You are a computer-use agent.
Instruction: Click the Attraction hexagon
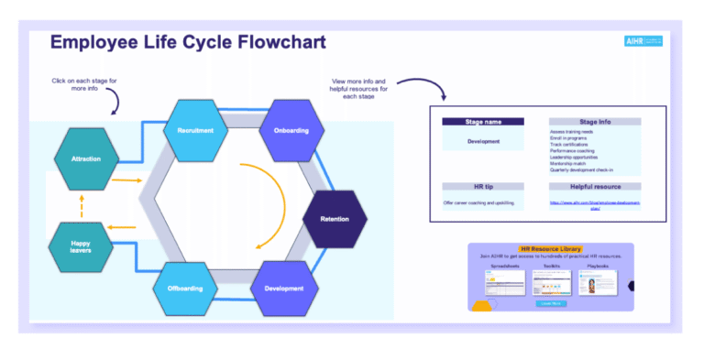pyautogui.click(x=86, y=158)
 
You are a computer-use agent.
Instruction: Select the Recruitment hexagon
pyautogui.click(x=195, y=130)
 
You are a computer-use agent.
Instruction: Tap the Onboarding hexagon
pyautogui.click(x=291, y=130)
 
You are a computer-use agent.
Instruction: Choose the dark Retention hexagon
pyautogui.click(x=335, y=220)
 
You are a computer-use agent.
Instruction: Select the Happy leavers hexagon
pyautogui.click(x=82, y=245)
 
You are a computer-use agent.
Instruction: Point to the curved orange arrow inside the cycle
pyautogui.click(x=269, y=206)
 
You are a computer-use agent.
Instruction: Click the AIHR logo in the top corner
pyautogui.click(x=642, y=42)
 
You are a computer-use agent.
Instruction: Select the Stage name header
pyautogui.click(x=483, y=122)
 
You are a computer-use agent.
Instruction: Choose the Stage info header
pyautogui.click(x=594, y=122)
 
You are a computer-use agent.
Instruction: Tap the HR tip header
pyautogui.click(x=483, y=187)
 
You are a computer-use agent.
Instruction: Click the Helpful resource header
pyautogui.click(x=594, y=187)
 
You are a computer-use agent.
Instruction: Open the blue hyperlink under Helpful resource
pyautogui.click(x=594, y=204)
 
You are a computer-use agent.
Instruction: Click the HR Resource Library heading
pyautogui.click(x=550, y=249)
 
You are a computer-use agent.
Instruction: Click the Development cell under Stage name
pyautogui.click(x=483, y=142)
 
